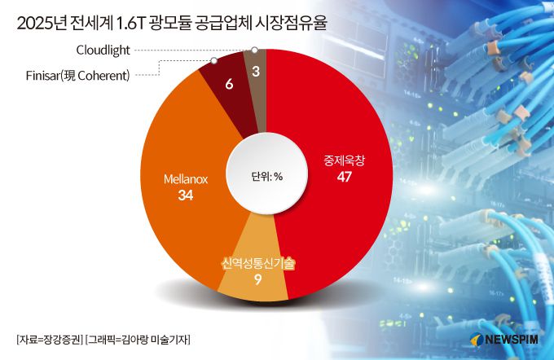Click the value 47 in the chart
click(x=343, y=178)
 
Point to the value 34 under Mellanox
click(x=186, y=196)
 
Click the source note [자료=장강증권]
click(x=50, y=338)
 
